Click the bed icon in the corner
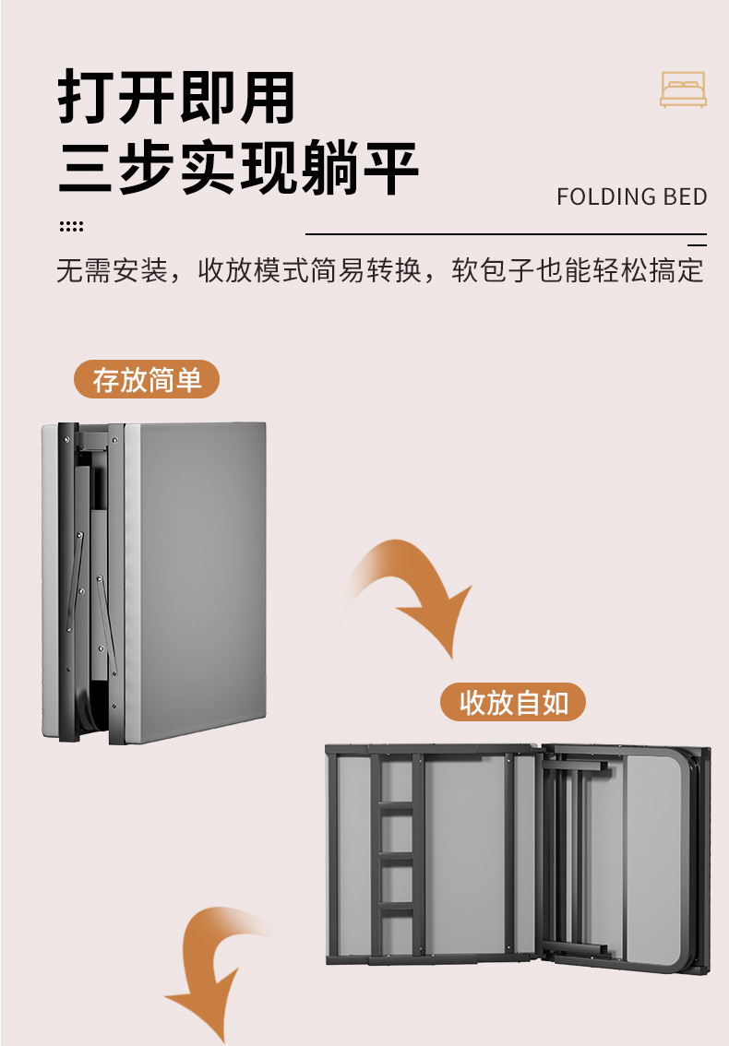(682, 89)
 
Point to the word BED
(685, 196)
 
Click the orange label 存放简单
(147, 379)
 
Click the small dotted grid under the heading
(71, 226)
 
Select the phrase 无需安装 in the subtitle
(112, 270)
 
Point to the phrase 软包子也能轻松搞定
(578, 270)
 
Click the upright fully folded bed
(154, 582)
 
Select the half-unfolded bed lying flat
(518, 856)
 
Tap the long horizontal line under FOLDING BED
(506, 234)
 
